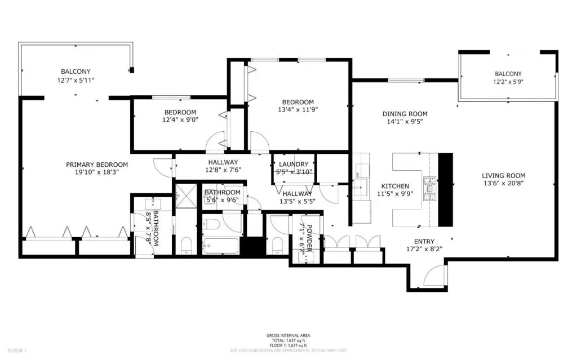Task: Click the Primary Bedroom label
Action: [97, 165]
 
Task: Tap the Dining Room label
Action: [405, 114]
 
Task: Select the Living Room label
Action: [503, 176]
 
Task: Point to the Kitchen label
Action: [395, 186]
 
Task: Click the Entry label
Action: [424, 242]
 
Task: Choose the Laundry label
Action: [294, 164]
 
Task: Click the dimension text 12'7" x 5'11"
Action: [76, 80]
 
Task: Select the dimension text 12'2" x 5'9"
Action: [508, 82]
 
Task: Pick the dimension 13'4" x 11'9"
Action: [298, 109]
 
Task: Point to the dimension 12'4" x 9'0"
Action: [180, 119]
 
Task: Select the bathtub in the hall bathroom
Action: [220, 246]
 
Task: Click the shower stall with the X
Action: [186, 195]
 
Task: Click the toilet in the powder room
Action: [277, 245]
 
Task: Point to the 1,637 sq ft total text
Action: [288, 340]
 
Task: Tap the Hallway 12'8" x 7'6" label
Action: [223, 166]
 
